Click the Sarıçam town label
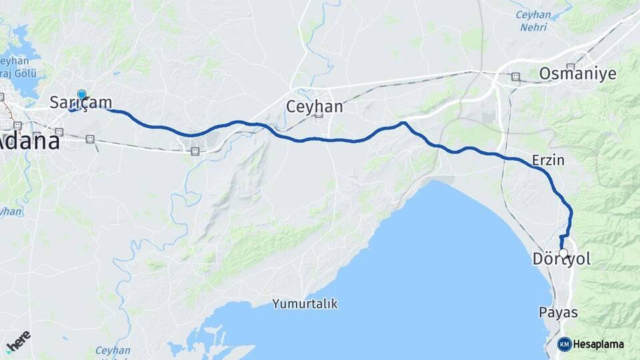[81, 102]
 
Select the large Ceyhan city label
[314, 107]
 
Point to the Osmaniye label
[577, 73]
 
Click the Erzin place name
[548, 160]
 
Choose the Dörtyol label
[562, 259]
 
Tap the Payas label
[558, 312]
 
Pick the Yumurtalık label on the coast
[305, 304]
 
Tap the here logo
[18, 341]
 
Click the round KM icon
[564, 344]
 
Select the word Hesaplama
[599, 344]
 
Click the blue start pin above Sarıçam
[81, 95]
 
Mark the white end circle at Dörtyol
[563, 253]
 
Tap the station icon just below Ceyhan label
[319, 115]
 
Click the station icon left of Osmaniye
[515, 77]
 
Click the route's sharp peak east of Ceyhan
[403, 123]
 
